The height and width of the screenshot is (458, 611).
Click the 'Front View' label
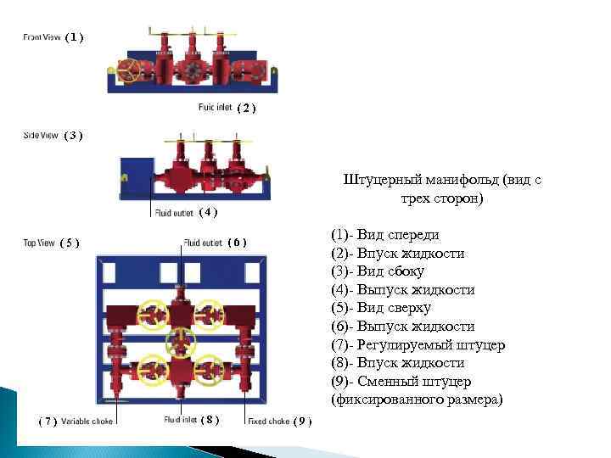pos(42,36)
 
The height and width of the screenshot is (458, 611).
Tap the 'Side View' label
pos(41,135)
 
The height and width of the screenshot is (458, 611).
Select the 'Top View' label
pos(39,243)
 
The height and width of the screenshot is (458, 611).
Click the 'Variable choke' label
pos(87,421)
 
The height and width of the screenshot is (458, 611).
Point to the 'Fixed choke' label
pos(267,421)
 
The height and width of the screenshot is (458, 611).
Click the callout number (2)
pos(245,108)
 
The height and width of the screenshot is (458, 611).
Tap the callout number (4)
pos(208,212)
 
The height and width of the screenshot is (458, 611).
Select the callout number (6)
pos(238,243)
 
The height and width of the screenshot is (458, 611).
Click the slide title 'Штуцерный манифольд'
pos(441,180)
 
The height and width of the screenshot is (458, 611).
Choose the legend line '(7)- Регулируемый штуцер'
pos(418,344)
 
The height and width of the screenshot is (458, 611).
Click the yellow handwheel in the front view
pos(129,71)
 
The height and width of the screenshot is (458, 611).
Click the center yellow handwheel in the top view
pos(180,341)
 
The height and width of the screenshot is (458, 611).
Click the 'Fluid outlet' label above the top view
pos(203,243)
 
